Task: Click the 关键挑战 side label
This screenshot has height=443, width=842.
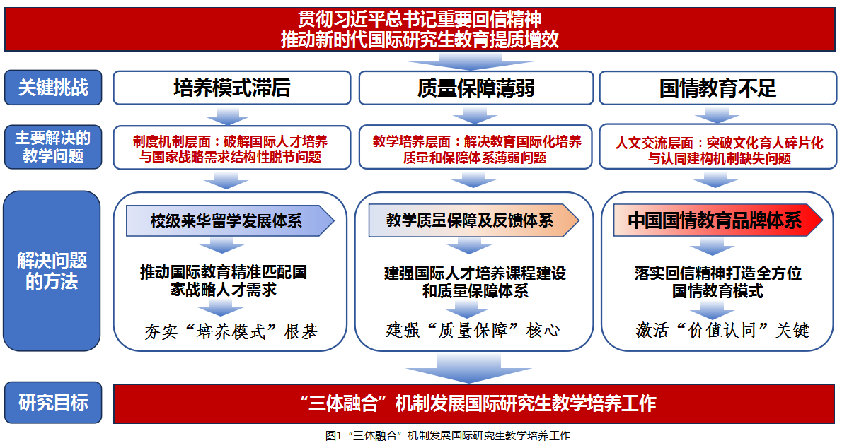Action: click(x=53, y=88)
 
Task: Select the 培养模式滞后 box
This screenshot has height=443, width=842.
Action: click(x=232, y=88)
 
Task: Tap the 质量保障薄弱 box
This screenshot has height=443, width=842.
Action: click(x=475, y=88)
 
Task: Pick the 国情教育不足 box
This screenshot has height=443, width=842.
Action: click(x=717, y=88)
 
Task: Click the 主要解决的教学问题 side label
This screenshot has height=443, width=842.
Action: click(x=53, y=147)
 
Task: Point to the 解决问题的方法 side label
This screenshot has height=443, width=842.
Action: click(x=53, y=271)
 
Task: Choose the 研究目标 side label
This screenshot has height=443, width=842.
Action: click(x=53, y=403)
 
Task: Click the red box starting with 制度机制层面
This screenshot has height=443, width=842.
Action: click(x=232, y=149)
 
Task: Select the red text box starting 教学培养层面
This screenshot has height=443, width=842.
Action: click(x=475, y=149)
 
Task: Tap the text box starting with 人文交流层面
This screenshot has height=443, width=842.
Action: click(x=717, y=149)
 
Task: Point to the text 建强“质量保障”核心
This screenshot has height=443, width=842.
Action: click(x=473, y=330)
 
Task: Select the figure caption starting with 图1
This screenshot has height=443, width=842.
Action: click(x=447, y=435)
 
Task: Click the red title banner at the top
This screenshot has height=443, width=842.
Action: click(x=420, y=29)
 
